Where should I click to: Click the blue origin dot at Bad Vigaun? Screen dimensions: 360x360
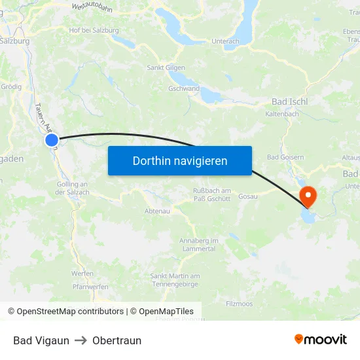click(52, 139)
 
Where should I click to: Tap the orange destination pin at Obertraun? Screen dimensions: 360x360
click(307, 196)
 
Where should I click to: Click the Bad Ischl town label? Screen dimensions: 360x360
click(289, 102)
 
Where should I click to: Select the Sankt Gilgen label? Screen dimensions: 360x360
click(166, 67)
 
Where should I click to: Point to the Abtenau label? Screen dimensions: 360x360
click(157, 211)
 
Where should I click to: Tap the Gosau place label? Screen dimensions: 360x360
click(247, 196)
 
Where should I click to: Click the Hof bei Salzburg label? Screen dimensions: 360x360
click(94, 30)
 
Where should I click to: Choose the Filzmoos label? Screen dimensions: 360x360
click(239, 304)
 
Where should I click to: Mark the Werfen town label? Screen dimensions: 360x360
click(82, 274)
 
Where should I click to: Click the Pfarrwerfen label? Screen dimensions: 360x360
click(90, 286)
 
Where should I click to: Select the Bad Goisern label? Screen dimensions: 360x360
click(285, 158)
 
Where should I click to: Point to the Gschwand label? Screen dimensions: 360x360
click(184, 88)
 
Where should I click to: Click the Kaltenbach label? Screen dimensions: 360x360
click(282, 114)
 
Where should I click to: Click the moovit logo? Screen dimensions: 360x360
click(321, 340)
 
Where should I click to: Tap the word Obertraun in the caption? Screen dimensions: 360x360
click(117, 340)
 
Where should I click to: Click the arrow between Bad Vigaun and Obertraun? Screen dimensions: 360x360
click(81, 340)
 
